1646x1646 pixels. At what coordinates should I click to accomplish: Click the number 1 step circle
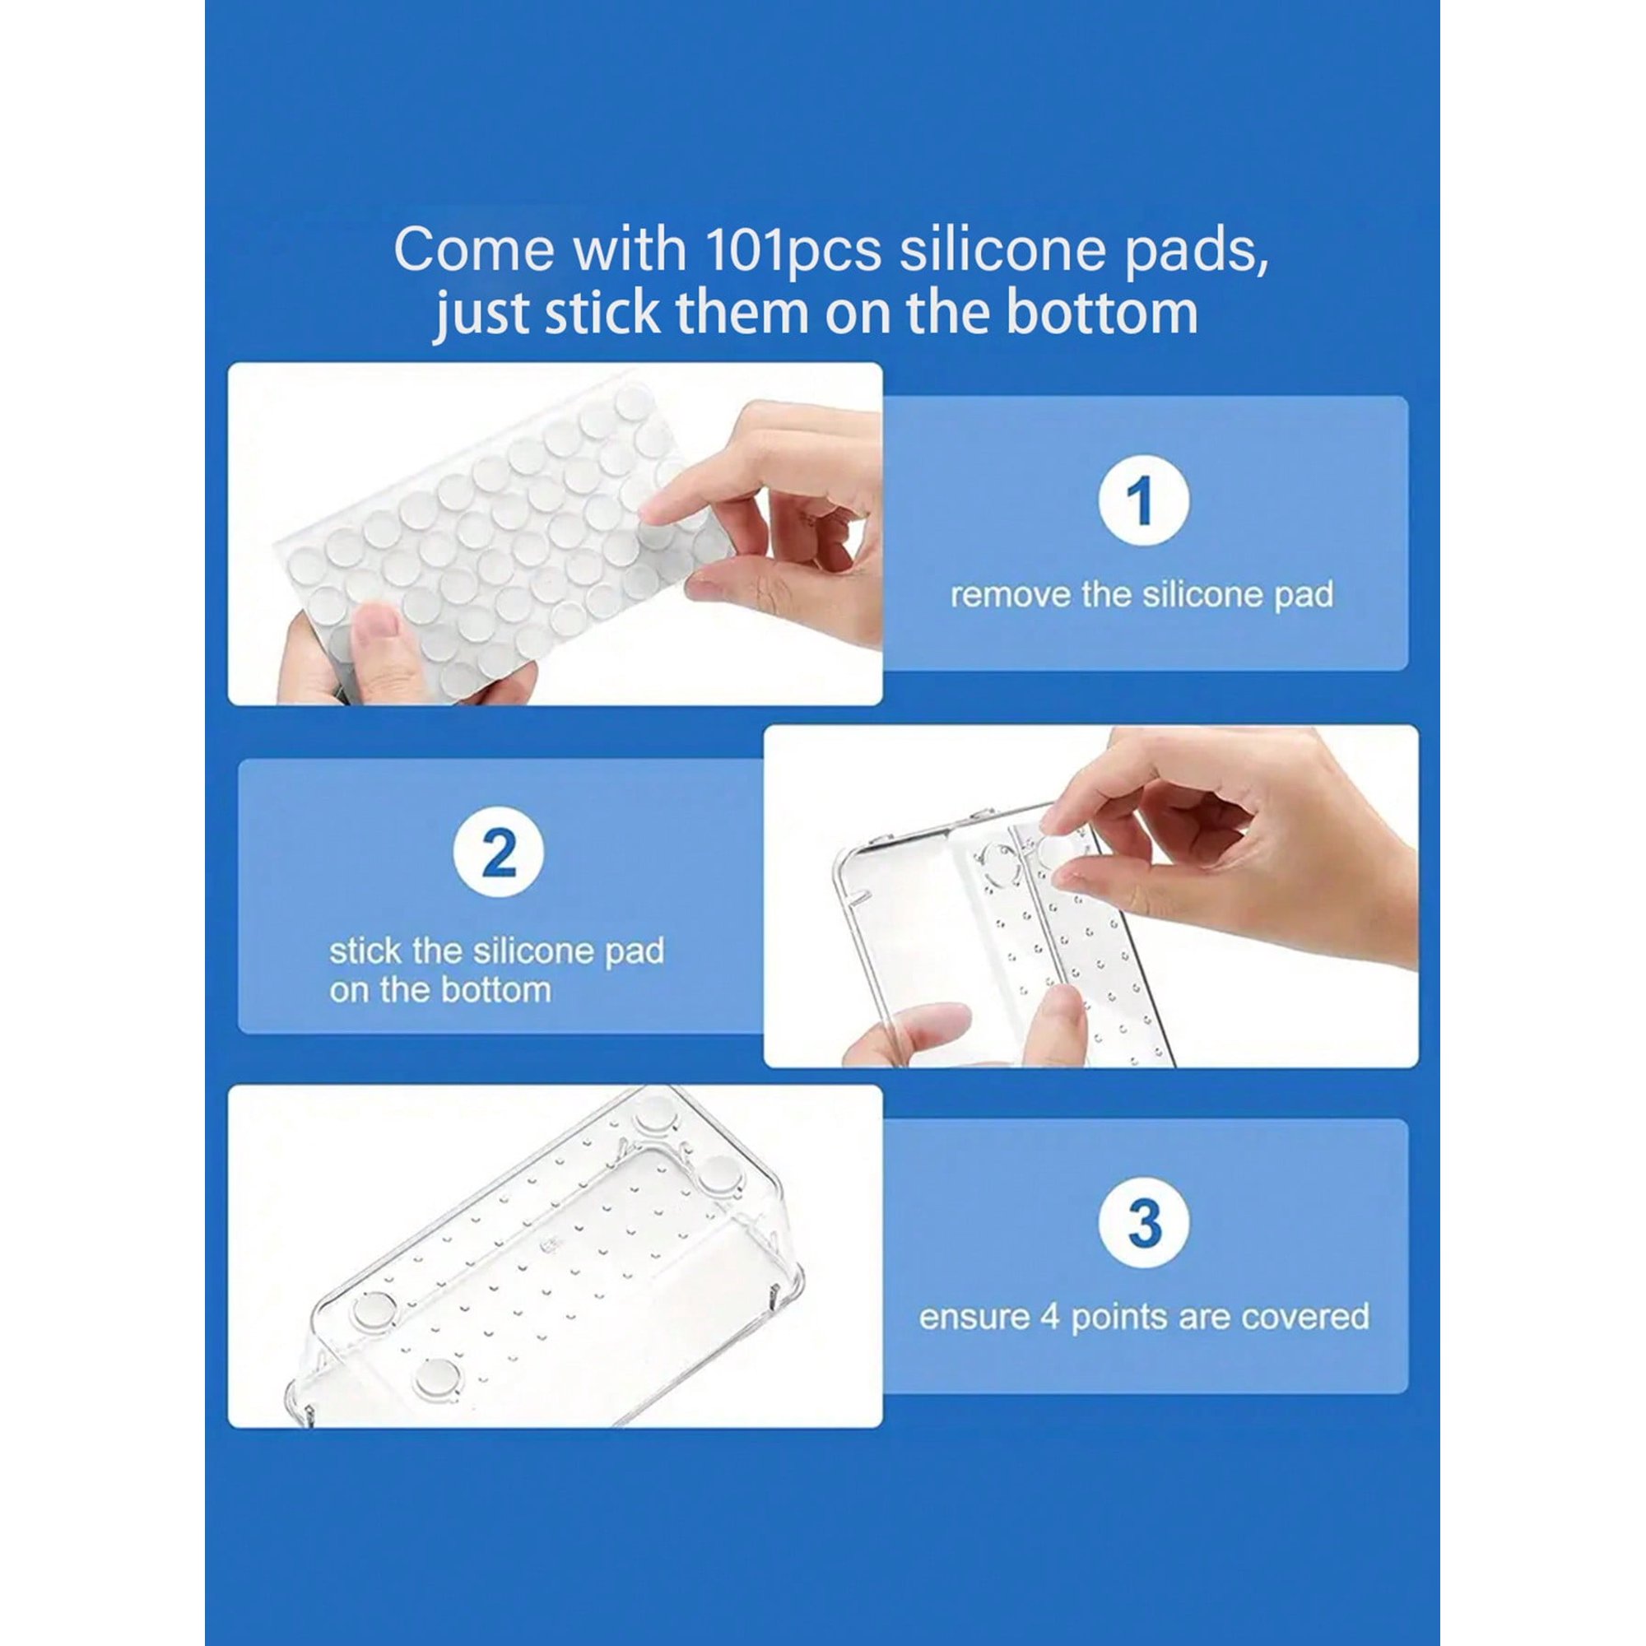tap(1143, 501)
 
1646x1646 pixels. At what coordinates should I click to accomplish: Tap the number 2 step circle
tap(499, 853)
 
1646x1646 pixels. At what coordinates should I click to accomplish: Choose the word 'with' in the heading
tap(628, 249)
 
